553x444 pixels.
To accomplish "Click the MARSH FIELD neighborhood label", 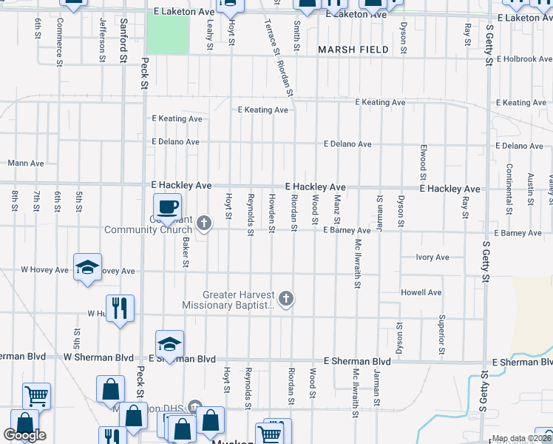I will coord(353,50).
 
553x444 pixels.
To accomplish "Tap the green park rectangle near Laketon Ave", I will coord(167,33).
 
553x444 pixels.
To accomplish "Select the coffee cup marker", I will coord(167,206).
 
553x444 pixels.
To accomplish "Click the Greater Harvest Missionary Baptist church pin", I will coord(287,299).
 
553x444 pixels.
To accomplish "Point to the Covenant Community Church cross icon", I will coord(204,221).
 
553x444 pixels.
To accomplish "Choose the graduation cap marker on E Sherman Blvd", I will coord(169,344).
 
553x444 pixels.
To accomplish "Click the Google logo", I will coord(24,435).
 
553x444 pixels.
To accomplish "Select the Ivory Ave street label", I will coord(432,258).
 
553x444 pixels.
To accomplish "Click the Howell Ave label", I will coord(421,292).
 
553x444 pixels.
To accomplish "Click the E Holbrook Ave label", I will coord(524,58).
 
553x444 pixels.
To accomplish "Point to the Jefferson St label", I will coord(102,36).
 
